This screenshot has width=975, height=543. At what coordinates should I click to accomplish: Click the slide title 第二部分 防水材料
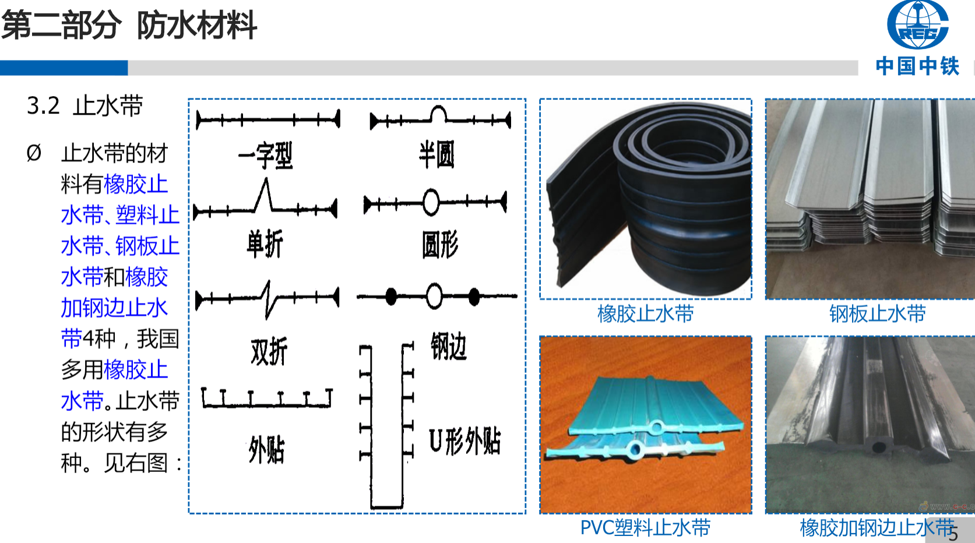[x=129, y=26]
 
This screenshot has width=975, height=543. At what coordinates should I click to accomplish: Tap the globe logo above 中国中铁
[x=917, y=24]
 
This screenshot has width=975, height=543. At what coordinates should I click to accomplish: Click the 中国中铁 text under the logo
[x=917, y=66]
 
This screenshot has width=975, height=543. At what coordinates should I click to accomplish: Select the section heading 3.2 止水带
[x=85, y=106]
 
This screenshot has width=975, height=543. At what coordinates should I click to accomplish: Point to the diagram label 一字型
[x=266, y=156]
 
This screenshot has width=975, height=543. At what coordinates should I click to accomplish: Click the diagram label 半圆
[x=437, y=154]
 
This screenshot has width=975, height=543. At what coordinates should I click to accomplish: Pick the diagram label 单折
[x=265, y=244]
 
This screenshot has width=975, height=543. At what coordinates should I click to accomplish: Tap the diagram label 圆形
[x=440, y=244]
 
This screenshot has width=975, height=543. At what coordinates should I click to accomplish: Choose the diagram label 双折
[x=269, y=351]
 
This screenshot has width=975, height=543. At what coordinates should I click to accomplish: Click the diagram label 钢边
[x=449, y=347]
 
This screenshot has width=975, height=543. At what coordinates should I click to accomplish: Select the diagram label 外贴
[x=266, y=450]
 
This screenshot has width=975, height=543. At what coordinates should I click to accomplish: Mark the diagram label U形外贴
[x=465, y=441]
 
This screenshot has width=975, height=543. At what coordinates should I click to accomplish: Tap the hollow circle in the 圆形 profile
[x=431, y=202]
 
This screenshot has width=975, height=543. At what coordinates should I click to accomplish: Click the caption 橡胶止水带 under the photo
[x=645, y=314]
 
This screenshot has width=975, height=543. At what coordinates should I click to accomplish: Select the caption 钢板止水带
[x=877, y=314]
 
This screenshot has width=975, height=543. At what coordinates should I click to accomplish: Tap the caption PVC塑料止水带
[x=645, y=528]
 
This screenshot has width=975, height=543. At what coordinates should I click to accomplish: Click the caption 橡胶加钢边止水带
[x=877, y=528]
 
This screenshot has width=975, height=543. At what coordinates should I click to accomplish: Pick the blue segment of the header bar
[x=64, y=68]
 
